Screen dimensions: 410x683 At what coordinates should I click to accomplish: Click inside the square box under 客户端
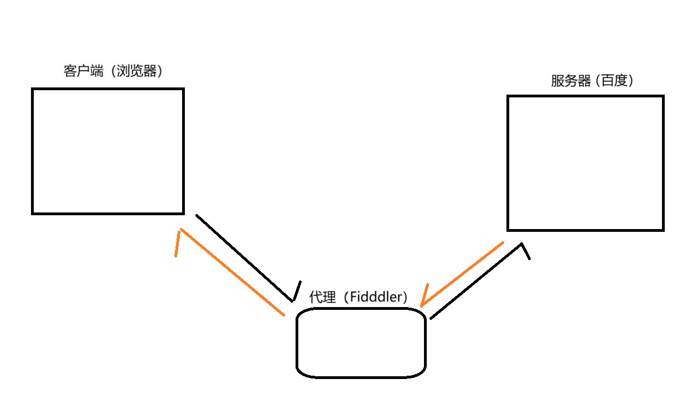click(108, 150)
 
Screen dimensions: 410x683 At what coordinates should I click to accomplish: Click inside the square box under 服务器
click(585, 163)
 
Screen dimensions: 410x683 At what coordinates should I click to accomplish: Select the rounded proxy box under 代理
click(361, 343)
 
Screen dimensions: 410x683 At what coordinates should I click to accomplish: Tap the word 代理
click(322, 297)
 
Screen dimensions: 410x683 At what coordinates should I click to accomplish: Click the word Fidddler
click(376, 297)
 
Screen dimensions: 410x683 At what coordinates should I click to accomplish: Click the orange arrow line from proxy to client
click(232, 272)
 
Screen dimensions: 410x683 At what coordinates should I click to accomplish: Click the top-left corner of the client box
click(33, 89)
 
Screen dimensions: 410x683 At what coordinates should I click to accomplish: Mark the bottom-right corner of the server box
click(663, 229)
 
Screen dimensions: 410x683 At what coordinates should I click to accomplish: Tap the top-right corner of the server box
click(663, 96)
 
